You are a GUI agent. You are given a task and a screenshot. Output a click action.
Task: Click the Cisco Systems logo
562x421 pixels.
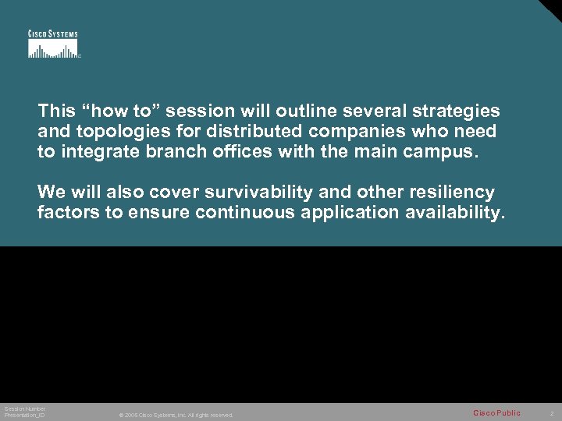[x=53, y=44]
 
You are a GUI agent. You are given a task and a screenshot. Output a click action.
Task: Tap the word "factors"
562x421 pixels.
[x=68, y=213]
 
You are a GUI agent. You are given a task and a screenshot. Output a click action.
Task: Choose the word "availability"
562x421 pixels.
[x=450, y=213]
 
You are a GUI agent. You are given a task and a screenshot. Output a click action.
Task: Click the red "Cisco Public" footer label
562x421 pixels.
[x=496, y=412]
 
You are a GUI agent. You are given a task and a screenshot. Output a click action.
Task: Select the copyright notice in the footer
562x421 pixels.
[x=176, y=415]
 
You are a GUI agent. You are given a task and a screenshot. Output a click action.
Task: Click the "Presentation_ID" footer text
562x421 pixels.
[x=24, y=415]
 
